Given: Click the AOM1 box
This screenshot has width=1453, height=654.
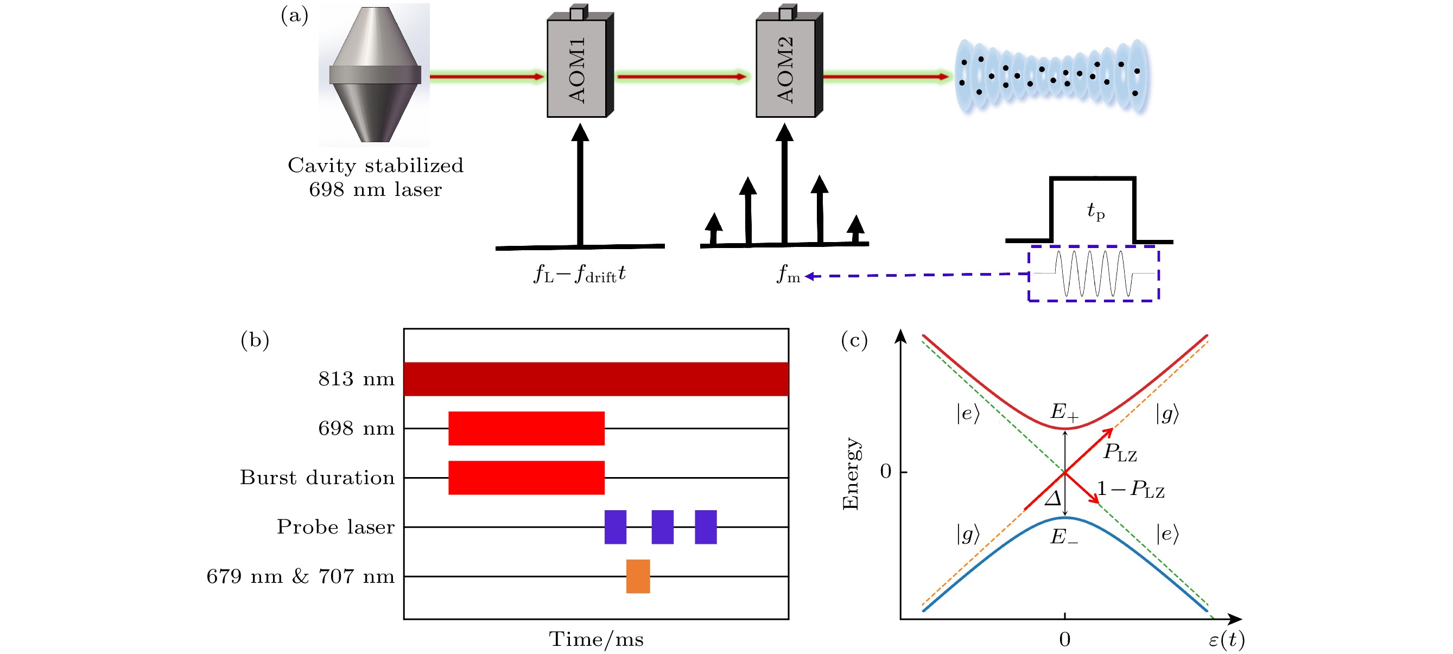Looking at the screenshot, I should tap(576, 68).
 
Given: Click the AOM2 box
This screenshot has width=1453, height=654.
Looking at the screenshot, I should tap(785, 68).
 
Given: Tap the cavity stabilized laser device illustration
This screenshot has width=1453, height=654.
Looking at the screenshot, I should tap(375, 74).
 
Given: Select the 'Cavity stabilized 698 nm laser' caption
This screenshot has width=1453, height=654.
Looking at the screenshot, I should tap(375, 177).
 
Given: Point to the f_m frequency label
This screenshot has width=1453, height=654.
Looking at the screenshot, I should tap(788, 275).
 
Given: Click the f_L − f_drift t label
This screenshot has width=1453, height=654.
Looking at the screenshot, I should tap(580, 275).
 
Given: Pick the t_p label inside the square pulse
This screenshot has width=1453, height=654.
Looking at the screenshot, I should tap(1095, 212).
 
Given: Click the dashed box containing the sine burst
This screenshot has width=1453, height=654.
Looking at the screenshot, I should tap(1093, 274).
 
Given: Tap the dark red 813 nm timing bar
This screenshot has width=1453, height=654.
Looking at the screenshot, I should tap(595, 379).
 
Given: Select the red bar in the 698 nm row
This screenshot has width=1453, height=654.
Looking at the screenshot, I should tap(526, 428).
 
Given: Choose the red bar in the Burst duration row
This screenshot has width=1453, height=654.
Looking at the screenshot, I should tap(526, 478).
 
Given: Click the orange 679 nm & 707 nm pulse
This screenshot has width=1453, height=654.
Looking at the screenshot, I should tap(638, 576).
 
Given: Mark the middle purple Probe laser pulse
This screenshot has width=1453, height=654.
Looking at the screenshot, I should tap(662, 527).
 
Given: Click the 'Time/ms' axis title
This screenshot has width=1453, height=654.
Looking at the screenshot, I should tap(596, 639).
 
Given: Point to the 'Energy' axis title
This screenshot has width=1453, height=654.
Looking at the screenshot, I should tap(850, 474).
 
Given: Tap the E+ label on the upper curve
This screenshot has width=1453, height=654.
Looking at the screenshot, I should tap(1064, 412).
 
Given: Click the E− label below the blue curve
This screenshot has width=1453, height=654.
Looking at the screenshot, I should tap(1064, 536).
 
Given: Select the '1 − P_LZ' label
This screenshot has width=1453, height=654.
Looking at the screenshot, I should tap(1131, 489).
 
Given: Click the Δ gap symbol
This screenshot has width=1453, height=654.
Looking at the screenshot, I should tap(1052, 498).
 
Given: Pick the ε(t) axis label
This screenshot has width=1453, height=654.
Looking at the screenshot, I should tap(1226, 639).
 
